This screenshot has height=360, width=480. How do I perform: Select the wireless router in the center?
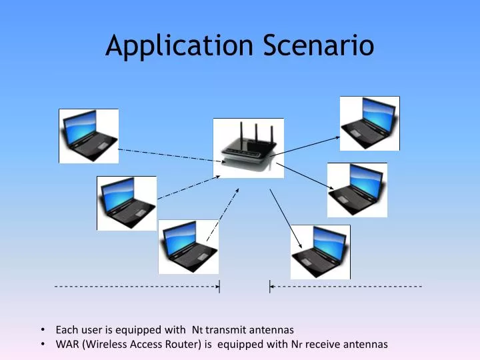point(248,149)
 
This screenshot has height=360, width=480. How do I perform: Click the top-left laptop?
point(89,135)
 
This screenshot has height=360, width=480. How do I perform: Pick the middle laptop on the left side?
point(126,203)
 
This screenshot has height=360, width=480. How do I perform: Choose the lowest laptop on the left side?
point(188,247)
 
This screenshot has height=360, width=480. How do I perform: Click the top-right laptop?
point(369,123)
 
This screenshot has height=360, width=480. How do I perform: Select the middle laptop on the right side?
point(357,189)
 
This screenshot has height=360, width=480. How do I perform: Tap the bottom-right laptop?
point(320,251)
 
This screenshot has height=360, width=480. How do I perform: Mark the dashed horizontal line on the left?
point(137,287)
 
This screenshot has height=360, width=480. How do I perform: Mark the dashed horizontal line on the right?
point(347,287)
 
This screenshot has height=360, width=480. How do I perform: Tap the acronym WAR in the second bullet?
point(67,344)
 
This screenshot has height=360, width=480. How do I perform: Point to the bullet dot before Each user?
point(43,329)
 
